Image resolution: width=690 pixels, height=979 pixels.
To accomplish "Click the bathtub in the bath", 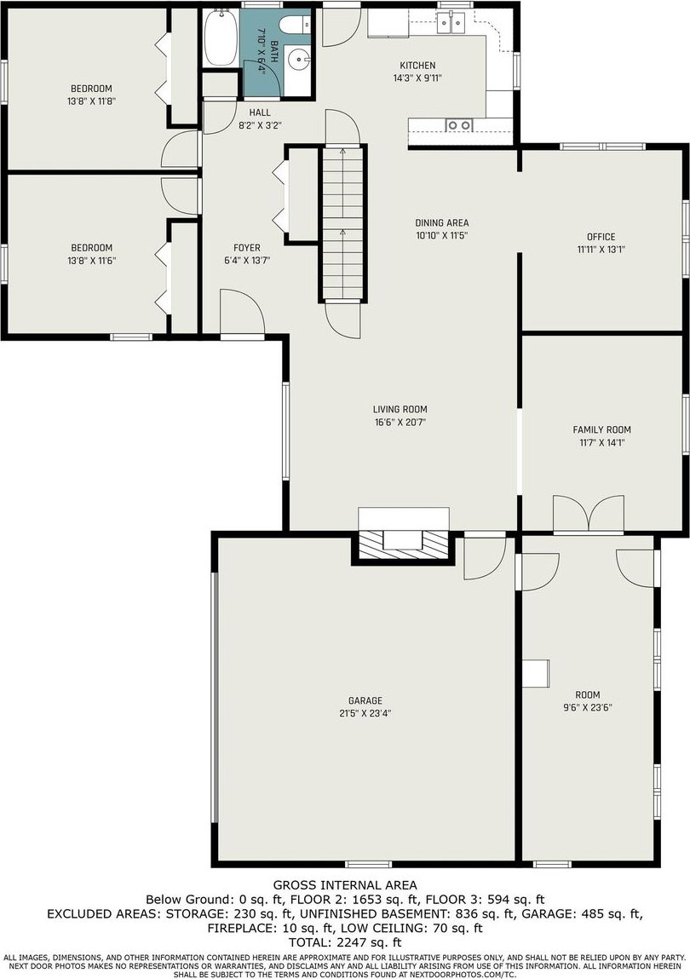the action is click(x=220, y=37).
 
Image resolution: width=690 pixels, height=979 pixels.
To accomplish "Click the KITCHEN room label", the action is click(x=417, y=65).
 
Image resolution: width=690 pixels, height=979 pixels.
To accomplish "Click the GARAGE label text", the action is click(x=365, y=700).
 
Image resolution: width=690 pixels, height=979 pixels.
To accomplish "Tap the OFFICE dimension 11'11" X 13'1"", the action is click(x=601, y=249).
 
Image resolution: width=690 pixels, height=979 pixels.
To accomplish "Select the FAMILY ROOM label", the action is click(x=602, y=429).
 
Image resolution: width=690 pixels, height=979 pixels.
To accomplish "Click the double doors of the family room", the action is click(x=589, y=515).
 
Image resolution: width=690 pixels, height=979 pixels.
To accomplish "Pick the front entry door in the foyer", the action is click(x=243, y=314).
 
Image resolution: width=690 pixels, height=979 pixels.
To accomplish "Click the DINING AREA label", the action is click(x=442, y=223).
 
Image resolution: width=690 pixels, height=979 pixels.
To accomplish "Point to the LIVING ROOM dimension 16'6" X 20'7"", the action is click(x=400, y=423).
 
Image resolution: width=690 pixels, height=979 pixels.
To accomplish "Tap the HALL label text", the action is click(x=260, y=112).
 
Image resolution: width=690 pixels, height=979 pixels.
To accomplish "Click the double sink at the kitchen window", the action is click(x=453, y=23).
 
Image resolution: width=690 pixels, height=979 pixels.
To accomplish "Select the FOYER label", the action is click(x=247, y=248).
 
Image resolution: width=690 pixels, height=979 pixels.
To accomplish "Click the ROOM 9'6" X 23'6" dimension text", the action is click(x=588, y=708).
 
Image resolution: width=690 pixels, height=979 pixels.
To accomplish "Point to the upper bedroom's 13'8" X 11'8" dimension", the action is click(x=91, y=101).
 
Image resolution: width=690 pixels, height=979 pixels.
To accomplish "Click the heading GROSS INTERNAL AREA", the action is click(x=345, y=884).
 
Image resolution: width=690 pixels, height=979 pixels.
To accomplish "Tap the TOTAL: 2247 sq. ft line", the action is click(x=345, y=942).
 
